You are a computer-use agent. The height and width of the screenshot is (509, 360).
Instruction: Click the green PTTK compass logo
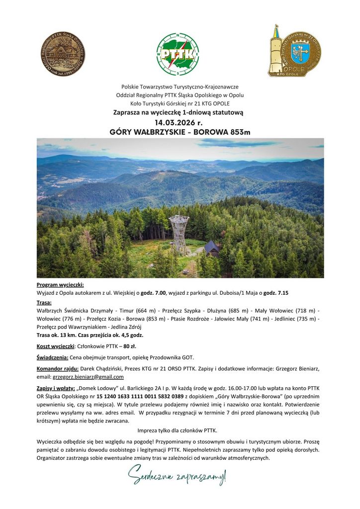178,54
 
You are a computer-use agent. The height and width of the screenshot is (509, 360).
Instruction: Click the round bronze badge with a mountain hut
63,53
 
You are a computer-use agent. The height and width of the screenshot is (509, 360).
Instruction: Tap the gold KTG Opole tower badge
294,51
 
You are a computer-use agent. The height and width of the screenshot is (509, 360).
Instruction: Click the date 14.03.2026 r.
180,122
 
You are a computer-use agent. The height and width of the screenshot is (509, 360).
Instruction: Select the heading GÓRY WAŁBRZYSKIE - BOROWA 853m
180,132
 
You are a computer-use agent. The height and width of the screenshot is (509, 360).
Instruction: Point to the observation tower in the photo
179,234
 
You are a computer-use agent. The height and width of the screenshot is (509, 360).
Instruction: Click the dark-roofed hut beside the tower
212,248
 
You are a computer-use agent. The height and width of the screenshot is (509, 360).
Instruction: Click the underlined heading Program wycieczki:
60,285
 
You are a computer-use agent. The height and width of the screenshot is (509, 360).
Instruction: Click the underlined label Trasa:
44,302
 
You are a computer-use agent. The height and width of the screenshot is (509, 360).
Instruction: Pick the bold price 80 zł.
130,345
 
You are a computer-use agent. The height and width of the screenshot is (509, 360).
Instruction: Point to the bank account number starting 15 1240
130,396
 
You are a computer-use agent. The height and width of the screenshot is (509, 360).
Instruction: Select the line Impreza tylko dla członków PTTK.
180,430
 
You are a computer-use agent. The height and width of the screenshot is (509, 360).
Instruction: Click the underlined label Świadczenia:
53,357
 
